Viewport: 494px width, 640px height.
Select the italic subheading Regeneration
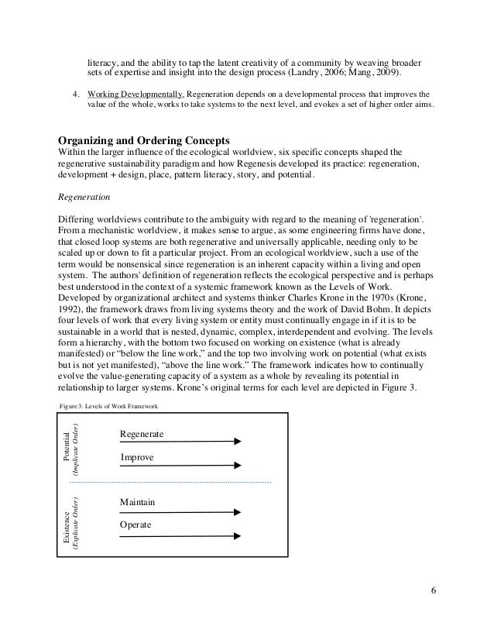click(x=85, y=198)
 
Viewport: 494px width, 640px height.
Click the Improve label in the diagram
click(x=137, y=458)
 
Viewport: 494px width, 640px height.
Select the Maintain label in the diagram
click(x=138, y=503)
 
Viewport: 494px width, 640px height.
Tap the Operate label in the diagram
click(x=136, y=525)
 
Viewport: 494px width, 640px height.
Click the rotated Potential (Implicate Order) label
click(x=72, y=448)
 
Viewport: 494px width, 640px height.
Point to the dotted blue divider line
click(x=170, y=483)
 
